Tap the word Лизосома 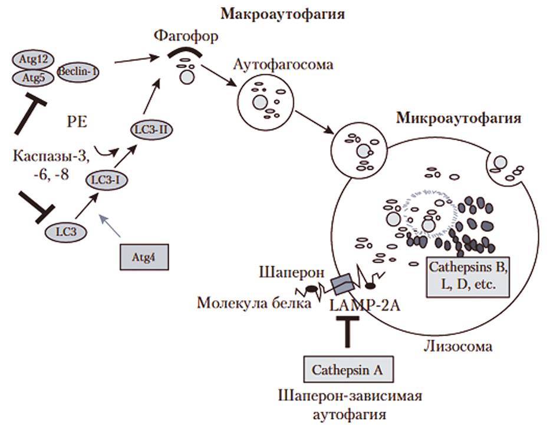[x=457, y=346]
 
